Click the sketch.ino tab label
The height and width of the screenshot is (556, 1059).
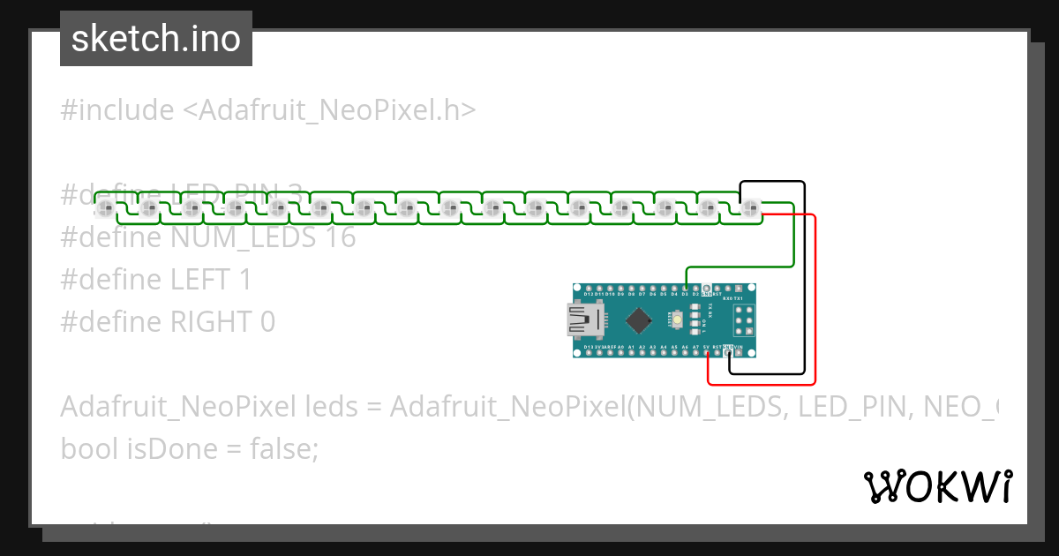point(155,39)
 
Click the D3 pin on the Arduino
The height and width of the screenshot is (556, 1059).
point(686,289)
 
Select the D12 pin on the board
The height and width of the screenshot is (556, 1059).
point(589,289)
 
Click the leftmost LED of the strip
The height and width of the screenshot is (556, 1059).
point(106,209)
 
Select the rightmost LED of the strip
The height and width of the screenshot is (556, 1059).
point(750,209)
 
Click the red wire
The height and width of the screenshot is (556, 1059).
point(815,300)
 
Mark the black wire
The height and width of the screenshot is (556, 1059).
point(804,282)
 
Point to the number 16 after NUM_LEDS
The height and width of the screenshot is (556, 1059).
point(339,237)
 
